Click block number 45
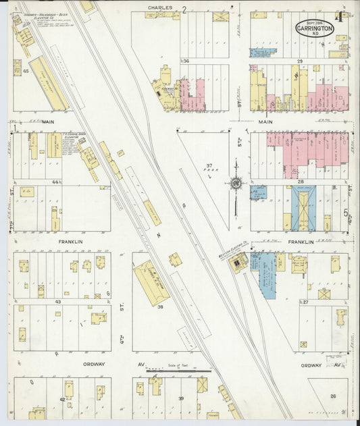coord(26,70)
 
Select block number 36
coord(185,61)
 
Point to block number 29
coord(298,61)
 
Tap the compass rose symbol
coord(236,183)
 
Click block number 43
coord(58,301)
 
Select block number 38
coord(161,307)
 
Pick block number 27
coord(305,302)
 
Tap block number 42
coord(62,400)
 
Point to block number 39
coord(180,399)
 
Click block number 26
coord(332,396)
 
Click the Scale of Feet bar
coord(179,371)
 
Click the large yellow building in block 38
coord(152,282)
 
